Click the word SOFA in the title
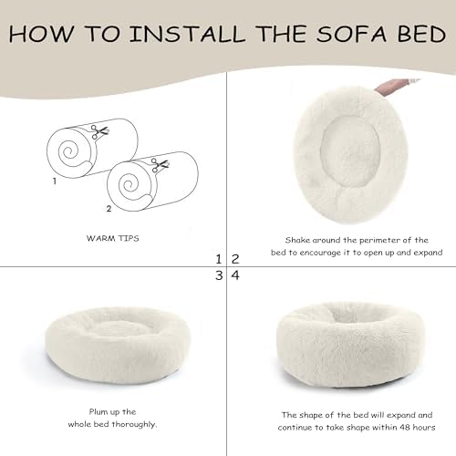click(351, 34)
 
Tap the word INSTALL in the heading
click(187, 34)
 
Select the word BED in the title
click(422, 34)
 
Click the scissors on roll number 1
click(99, 131)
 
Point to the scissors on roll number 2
click(160, 165)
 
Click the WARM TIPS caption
click(113, 238)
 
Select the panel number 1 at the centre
click(219, 259)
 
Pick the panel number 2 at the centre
click(235, 259)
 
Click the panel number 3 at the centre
click(219, 275)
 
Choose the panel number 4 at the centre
click(235, 275)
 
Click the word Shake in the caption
click(297, 240)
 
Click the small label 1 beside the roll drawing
click(55, 181)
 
